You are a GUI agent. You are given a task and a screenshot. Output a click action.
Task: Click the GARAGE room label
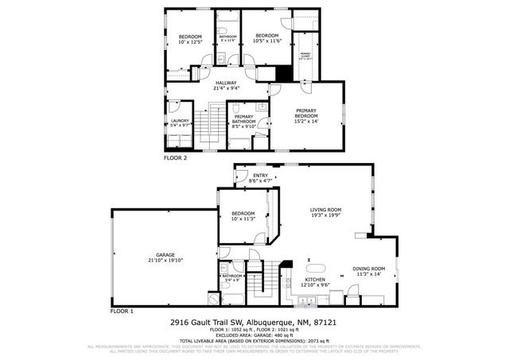tap(165, 254)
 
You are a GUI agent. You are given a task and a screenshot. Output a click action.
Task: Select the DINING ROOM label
tap(368, 269)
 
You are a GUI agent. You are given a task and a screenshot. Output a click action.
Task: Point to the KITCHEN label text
tap(315, 280)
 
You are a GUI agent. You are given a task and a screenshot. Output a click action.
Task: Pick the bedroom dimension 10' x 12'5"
tap(190, 43)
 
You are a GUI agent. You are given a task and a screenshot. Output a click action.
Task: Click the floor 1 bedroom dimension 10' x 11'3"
tap(243, 219)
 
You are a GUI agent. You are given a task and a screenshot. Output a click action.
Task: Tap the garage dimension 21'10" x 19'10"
tap(165, 260)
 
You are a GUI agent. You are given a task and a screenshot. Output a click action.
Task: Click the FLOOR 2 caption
tap(176, 158)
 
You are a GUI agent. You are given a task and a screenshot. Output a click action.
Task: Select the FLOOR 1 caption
tap(122, 311)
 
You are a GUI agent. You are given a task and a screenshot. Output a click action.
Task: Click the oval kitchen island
tap(317, 267)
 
